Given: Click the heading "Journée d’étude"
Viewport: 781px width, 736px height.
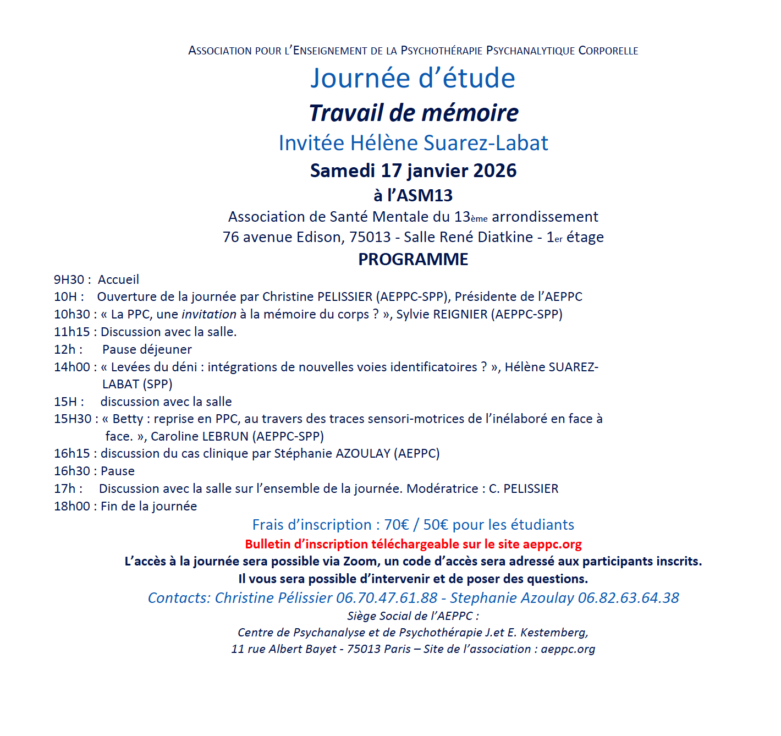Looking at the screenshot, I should click(x=413, y=78).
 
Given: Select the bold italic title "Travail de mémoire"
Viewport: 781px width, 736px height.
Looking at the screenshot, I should click(x=414, y=113).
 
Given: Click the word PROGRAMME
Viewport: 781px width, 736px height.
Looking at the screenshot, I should click(x=413, y=259).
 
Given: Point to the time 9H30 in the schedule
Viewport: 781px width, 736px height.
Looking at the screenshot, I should click(x=69, y=279).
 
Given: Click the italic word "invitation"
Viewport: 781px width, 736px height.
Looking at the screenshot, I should click(x=209, y=314).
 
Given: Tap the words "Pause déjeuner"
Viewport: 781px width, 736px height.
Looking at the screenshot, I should click(x=147, y=349).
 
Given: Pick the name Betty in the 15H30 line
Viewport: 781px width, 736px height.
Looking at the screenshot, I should click(x=128, y=419).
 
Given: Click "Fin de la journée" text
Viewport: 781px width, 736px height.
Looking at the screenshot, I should click(x=148, y=506).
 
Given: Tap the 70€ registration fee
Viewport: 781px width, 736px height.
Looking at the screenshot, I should click(x=397, y=525).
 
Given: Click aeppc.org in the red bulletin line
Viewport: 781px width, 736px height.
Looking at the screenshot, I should click(x=552, y=544).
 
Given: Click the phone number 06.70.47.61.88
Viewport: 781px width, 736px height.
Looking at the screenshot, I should click(x=387, y=598).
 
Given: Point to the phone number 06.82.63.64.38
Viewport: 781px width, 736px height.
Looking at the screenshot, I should click(x=629, y=598).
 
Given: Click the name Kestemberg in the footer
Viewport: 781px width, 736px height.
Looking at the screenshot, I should click(x=554, y=633).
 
